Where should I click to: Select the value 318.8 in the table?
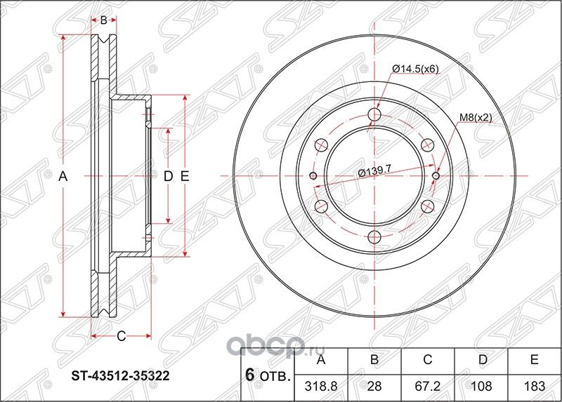coord(322,385)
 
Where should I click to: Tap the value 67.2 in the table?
coord(428,385)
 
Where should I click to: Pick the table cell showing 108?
coord(481,385)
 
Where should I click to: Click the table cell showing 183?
coord(534,385)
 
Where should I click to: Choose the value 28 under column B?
coord(374,385)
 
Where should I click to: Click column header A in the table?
coord(322,361)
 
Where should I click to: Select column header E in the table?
coord(534,361)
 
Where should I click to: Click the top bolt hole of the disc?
coord(374,115)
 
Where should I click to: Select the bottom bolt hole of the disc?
coord(374,237)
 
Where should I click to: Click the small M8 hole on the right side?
coord(436,176)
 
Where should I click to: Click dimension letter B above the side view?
coord(103,20)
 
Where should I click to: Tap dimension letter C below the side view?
coord(121,336)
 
